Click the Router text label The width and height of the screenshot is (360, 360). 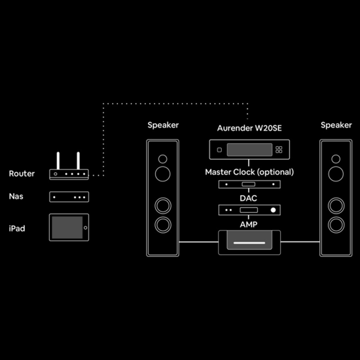click(22, 174)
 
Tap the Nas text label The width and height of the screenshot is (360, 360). click(16, 196)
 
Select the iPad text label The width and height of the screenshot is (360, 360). click(17, 229)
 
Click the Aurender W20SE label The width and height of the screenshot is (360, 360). click(249, 128)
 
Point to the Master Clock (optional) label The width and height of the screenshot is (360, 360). click(249, 172)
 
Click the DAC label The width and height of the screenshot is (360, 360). click(249, 198)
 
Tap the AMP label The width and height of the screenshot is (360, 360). click(249, 224)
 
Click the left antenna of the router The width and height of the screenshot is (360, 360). click(58, 161)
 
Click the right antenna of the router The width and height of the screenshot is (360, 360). click(78, 161)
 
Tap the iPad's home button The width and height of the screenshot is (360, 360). click(85, 228)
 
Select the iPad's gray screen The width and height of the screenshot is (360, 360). click(67, 227)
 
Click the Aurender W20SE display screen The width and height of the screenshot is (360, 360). click(250, 150)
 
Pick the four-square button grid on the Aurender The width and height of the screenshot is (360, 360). click(279, 150)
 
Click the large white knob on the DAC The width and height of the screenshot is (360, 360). click(273, 210)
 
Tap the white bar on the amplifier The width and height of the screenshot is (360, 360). click(249, 243)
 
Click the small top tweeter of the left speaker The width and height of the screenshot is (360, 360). click(162, 159)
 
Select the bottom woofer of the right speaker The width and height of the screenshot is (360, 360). click(336, 225)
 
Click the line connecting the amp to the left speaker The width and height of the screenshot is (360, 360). click(199, 242)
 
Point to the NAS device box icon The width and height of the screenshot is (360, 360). click(69, 197)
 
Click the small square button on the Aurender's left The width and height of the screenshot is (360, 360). click(219, 150)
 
